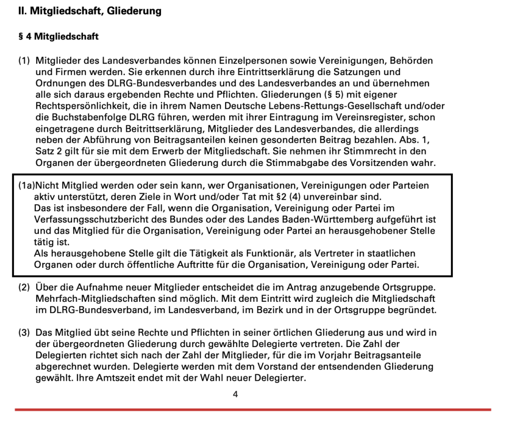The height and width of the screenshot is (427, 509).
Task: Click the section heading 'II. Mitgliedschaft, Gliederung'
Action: [89, 11]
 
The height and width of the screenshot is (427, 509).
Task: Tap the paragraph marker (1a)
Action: [26, 185]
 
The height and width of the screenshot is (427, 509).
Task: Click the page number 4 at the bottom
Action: [235, 395]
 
